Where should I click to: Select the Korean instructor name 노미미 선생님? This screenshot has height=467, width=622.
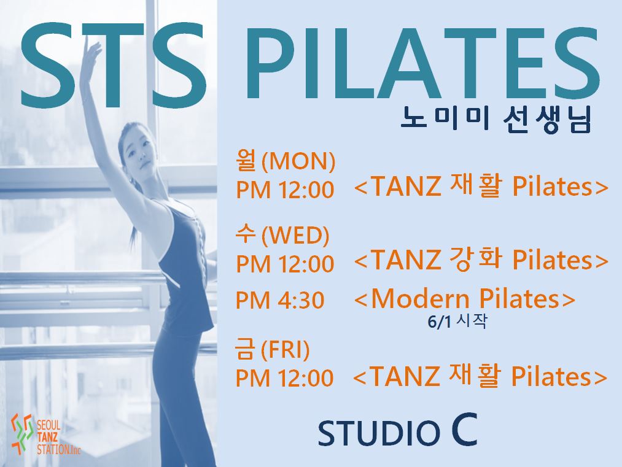pos(496,119)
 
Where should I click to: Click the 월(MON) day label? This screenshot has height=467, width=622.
pos(286,161)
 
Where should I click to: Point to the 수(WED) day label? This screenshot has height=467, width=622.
pos(282,235)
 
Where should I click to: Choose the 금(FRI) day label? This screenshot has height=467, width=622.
pos(272,349)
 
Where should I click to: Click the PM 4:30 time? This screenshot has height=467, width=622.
pos(280,300)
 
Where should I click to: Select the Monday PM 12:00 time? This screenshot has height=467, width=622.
pos(285,190)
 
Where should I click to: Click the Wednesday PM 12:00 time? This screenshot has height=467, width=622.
pos(285,264)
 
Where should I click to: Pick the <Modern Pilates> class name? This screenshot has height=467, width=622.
pos(464,298)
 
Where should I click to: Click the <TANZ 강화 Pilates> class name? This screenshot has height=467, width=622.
pos(481,260)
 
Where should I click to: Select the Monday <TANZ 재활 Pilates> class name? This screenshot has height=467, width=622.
pos(481,187)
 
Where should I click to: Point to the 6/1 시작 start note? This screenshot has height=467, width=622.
pos(457,322)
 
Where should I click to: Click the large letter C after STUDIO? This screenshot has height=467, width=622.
pos(464,430)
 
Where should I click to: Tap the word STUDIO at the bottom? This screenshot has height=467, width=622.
pos(379,433)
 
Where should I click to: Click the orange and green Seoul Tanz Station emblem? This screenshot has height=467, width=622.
pos(22,434)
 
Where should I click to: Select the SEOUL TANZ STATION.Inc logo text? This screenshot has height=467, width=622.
pos(58,438)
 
